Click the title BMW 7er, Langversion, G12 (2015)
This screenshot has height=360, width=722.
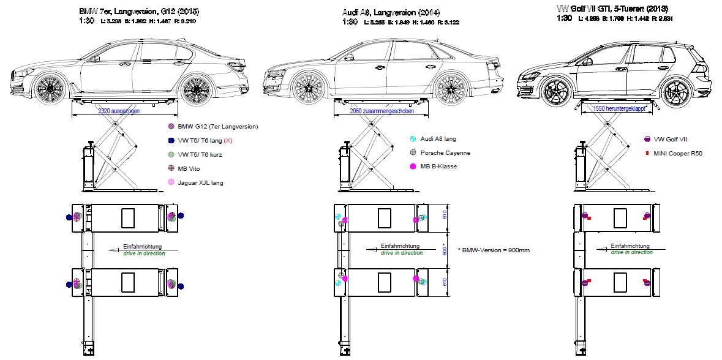pyautogui.click(x=139, y=12)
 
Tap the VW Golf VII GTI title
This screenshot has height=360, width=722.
pyautogui.click(x=612, y=9)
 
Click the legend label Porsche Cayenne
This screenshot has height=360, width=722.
pyautogui.click(x=445, y=152)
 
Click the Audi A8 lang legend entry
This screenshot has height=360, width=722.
pyautogui.click(x=438, y=139)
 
